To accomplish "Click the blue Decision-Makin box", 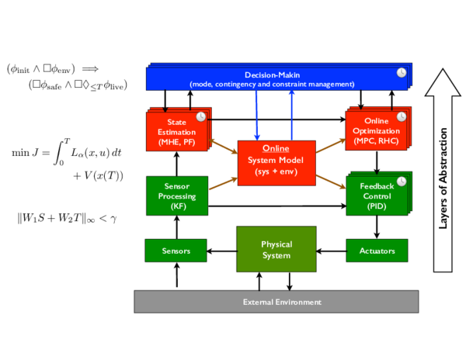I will [x=272, y=78].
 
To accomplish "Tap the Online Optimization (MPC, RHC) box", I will [x=377, y=130].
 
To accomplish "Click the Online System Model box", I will [x=276, y=163].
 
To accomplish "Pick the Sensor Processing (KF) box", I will [x=176, y=196].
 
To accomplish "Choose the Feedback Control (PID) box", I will [x=377, y=196].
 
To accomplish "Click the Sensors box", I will [x=176, y=251].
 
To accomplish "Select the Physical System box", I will [x=276, y=249].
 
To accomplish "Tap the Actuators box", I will [x=377, y=251].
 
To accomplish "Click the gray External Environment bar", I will [x=276, y=301].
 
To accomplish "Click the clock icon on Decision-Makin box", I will [x=402, y=72].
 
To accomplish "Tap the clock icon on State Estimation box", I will [x=200, y=116].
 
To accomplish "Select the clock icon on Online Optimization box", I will [x=402, y=117].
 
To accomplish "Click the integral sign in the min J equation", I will [x=55, y=152].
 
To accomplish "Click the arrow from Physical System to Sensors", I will [x=222, y=251].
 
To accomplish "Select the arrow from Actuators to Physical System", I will [x=331, y=251].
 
